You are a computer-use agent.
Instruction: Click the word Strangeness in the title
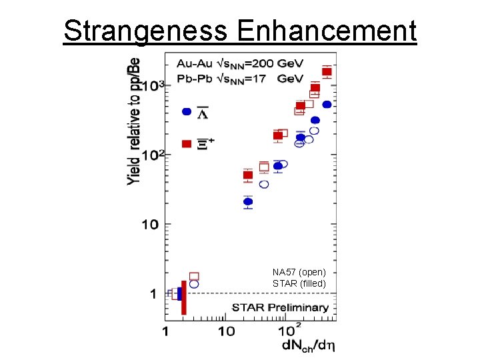(146, 31)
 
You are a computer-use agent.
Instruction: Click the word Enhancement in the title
(326, 31)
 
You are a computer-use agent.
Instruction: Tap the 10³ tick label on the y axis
(151, 85)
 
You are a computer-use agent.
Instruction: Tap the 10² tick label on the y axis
(151, 155)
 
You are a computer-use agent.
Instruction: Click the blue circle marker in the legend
(187, 112)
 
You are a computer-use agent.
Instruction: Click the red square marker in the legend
(187, 144)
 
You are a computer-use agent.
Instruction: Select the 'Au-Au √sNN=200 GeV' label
(240, 64)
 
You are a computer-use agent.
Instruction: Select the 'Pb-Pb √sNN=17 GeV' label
(240, 79)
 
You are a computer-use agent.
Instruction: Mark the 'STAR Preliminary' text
(280, 307)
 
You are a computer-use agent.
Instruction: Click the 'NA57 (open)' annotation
(299, 272)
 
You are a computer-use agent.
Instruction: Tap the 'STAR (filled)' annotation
(299, 283)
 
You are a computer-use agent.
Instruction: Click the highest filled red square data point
(327, 71)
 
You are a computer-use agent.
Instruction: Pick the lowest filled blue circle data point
(248, 201)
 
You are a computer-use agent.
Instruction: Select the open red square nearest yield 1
(194, 276)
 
